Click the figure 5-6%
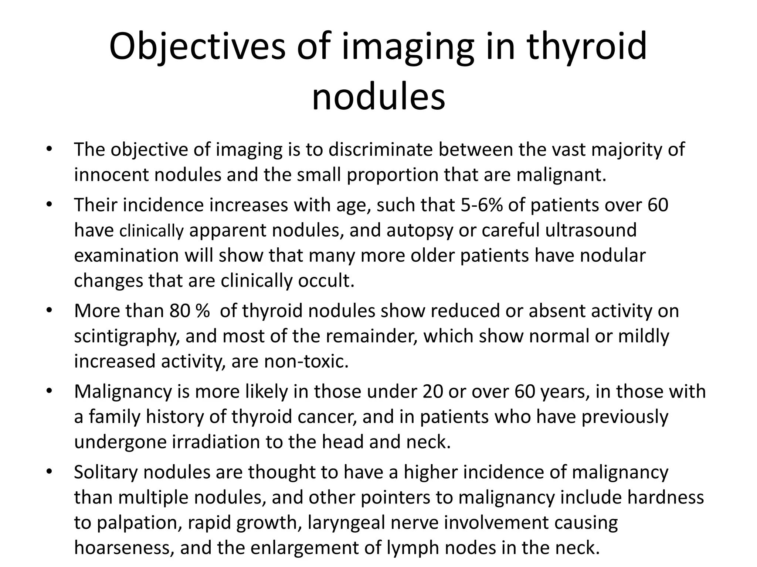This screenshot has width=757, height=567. pos(482,205)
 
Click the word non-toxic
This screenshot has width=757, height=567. pos(306,361)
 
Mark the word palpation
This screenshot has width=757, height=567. pos(139,523)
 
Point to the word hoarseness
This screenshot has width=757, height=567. pos(124,548)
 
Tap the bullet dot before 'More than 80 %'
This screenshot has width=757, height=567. pos(49,310)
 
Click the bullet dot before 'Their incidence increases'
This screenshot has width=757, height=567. pos(49,205)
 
